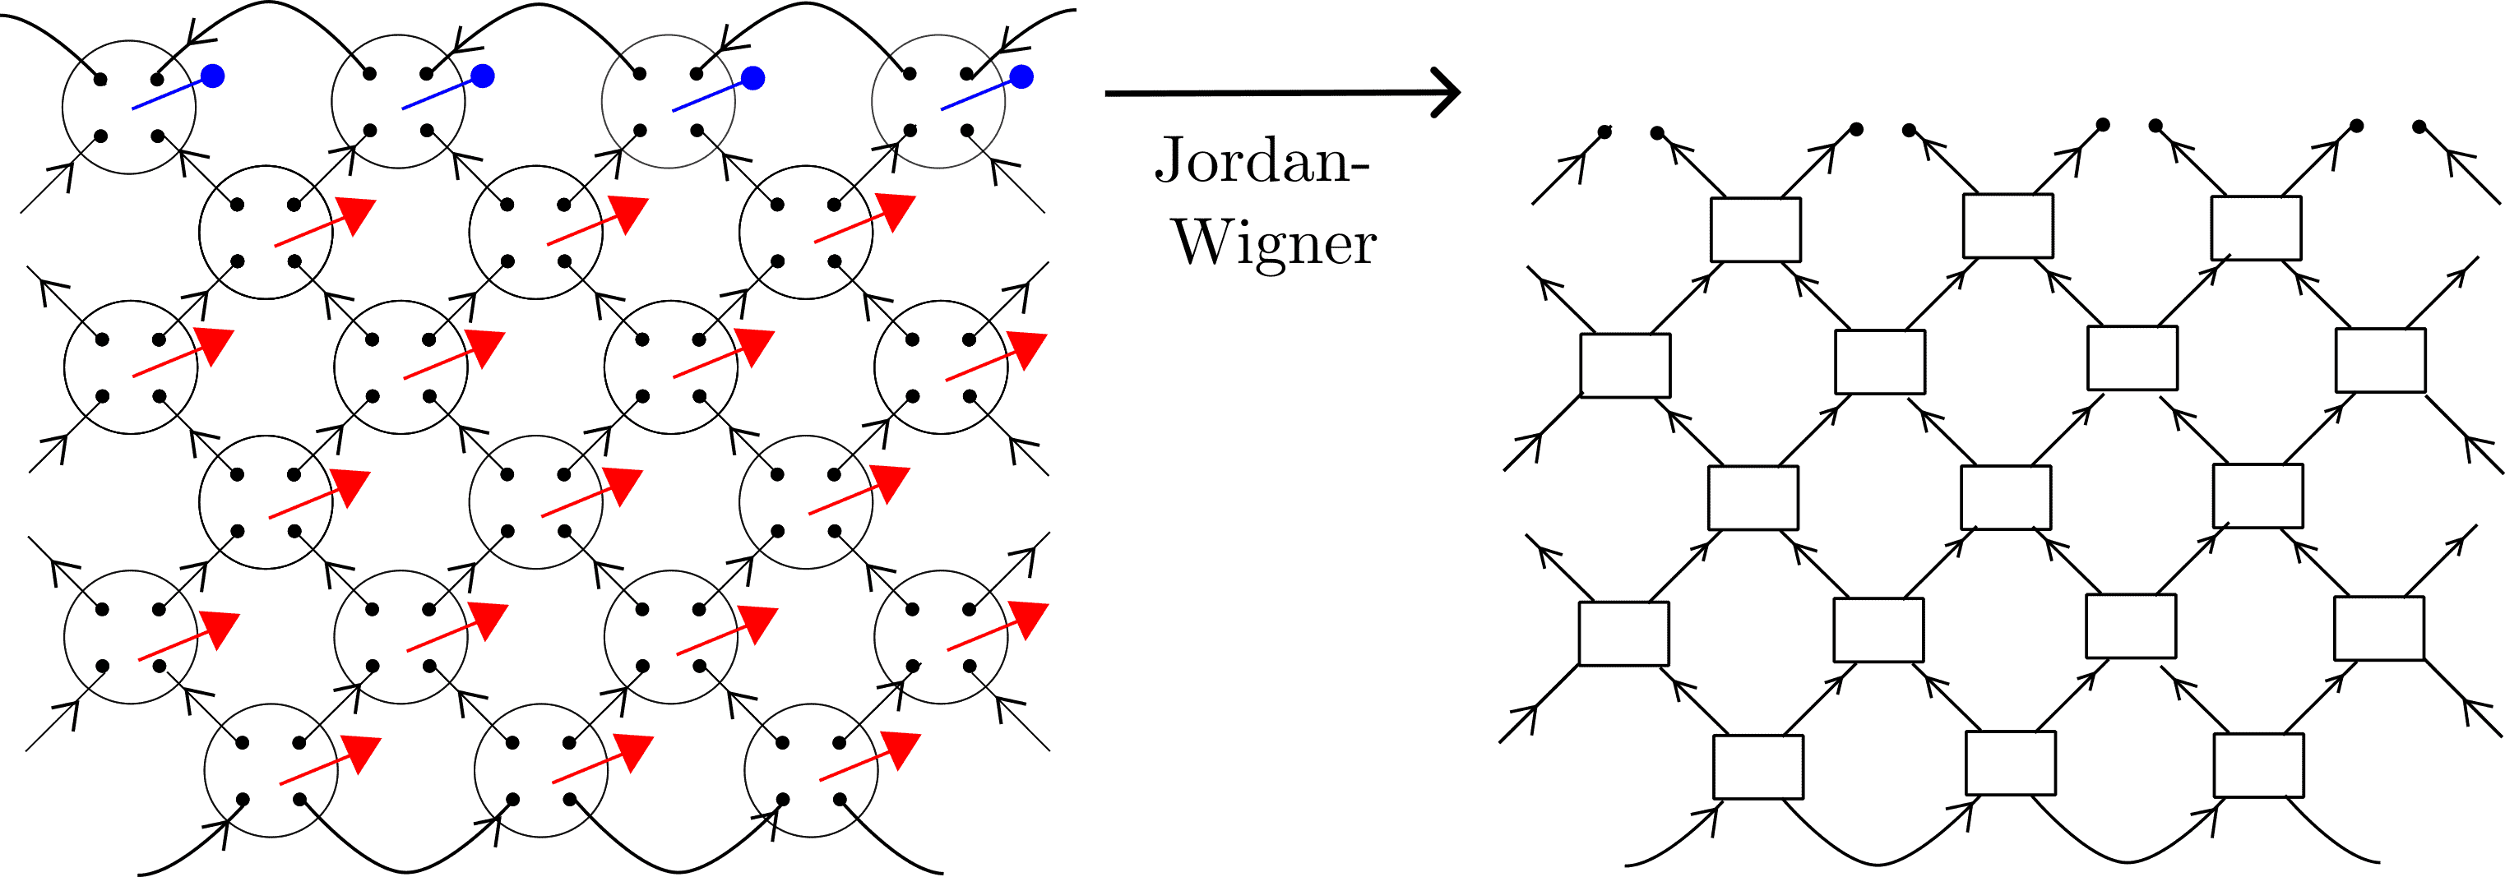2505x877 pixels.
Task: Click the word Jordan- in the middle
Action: [x=1262, y=160]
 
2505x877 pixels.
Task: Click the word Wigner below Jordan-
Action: [x=1275, y=242]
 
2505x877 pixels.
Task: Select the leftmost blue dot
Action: [x=213, y=76]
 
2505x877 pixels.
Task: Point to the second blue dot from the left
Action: [x=482, y=76]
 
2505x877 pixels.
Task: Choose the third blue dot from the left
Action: [x=752, y=76]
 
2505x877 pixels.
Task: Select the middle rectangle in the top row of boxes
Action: [x=2007, y=225]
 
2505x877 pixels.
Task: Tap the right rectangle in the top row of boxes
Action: [x=2256, y=228]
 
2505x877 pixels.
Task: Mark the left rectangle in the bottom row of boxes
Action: [x=1758, y=766]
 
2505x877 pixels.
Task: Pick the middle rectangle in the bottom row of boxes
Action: [x=2010, y=762]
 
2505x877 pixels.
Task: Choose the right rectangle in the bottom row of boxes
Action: [x=2259, y=765]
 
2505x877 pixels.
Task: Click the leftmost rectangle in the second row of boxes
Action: [x=1625, y=365]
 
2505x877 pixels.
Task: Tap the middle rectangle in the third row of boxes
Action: [x=2006, y=496]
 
